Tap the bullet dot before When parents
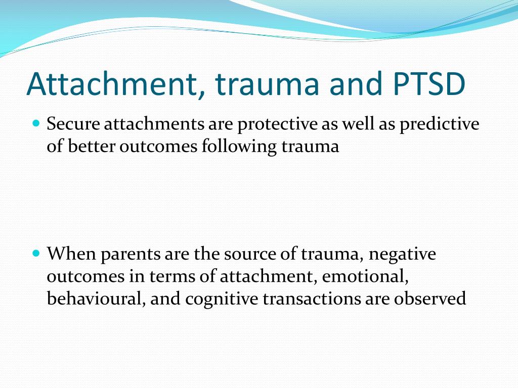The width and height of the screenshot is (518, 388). click(x=36, y=254)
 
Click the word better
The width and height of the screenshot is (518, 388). click(x=91, y=146)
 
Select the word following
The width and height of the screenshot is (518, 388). click(x=239, y=147)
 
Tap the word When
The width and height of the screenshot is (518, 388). click(x=71, y=254)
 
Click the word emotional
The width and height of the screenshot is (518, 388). click(x=365, y=276)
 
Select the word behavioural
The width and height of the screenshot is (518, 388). click(x=96, y=298)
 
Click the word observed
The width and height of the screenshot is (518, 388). click(x=430, y=298)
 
